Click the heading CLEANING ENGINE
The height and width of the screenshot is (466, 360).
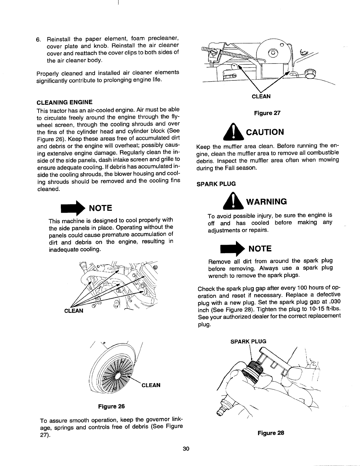click(64, 102)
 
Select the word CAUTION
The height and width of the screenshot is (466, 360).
click(264, 132)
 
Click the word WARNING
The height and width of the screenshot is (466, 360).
click(267, 202)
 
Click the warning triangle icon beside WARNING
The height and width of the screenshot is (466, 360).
click(234, 201)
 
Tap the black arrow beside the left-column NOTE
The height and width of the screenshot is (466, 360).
click(73, 208)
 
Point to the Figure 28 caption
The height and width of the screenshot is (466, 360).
click(271, 433)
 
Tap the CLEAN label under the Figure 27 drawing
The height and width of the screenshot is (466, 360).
click(261, 96)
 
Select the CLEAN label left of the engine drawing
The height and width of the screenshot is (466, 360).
click(74, 311)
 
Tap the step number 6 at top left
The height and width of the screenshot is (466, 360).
click(38, 39)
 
